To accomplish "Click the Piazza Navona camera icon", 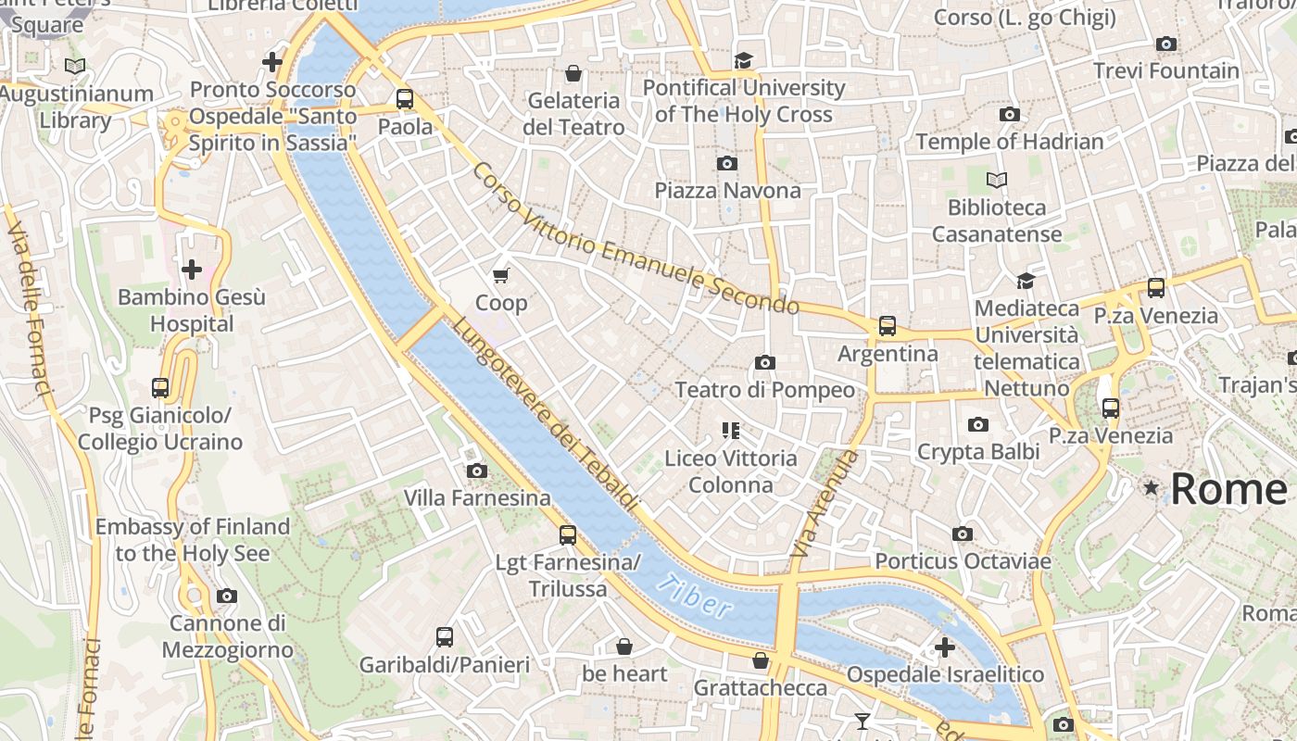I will click(727, 164).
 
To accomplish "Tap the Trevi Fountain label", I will click(1165, 70).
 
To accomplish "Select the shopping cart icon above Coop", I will click(501, 275).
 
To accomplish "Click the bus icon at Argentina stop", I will click(887, 326).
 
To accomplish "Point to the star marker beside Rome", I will click(1151, 487).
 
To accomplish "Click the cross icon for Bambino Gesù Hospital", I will click(191, 270).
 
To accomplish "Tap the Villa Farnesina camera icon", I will click(476, 471).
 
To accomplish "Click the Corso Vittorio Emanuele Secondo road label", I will click(635, 239).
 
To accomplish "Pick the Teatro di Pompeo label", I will click(764, 390).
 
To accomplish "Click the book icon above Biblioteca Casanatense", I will click(997, 180).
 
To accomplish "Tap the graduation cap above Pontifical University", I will click(743, 61).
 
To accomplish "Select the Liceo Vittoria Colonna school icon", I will click(730, 431).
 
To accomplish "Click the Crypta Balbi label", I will click(977, 452).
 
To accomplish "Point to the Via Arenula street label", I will click(825, 504).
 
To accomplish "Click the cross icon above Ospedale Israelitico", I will click(944, 647).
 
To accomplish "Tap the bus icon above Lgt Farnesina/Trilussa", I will click(567, 535).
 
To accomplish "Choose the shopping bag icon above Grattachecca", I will click(760, 660).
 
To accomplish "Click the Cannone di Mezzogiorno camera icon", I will click(226, 597).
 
